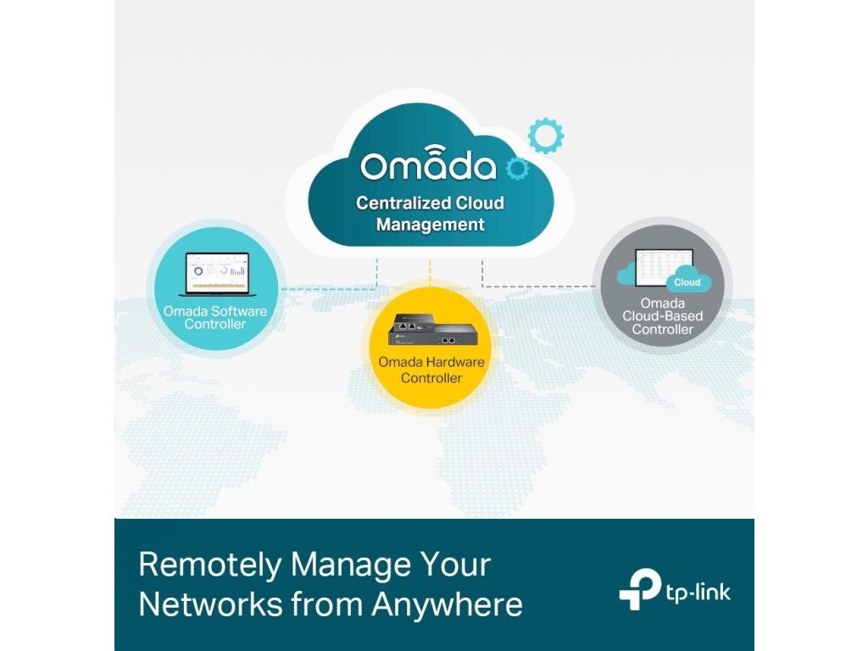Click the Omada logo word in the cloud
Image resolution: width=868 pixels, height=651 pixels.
point(428,166)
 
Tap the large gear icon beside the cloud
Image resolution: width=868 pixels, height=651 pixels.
point(545,136)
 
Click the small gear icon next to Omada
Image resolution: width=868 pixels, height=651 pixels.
point(516,169)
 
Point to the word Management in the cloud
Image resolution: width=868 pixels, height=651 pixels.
point(430,225)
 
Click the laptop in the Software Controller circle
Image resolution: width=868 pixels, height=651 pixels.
point(214,273)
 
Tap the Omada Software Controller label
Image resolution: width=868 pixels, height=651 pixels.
point(214,317)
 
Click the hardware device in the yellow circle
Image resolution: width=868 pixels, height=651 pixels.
point(431,330)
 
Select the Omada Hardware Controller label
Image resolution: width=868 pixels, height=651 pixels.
point(431,370)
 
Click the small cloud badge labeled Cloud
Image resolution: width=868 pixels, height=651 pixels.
point(687,282)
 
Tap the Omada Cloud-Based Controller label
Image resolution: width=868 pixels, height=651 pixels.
point(662,316)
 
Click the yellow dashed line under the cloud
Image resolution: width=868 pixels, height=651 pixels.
point(431,271)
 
